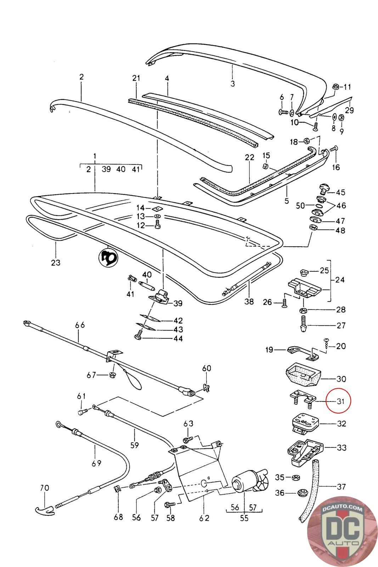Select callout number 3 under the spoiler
pos(232,84)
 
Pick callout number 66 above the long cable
pos(80,325)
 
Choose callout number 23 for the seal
pos(56,262)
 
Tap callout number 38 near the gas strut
pos(249,302)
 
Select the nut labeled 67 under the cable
pos(112,374)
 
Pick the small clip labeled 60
pos(207,388)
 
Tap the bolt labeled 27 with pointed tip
pos(302,325)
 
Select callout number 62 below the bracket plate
pos(204,518)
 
